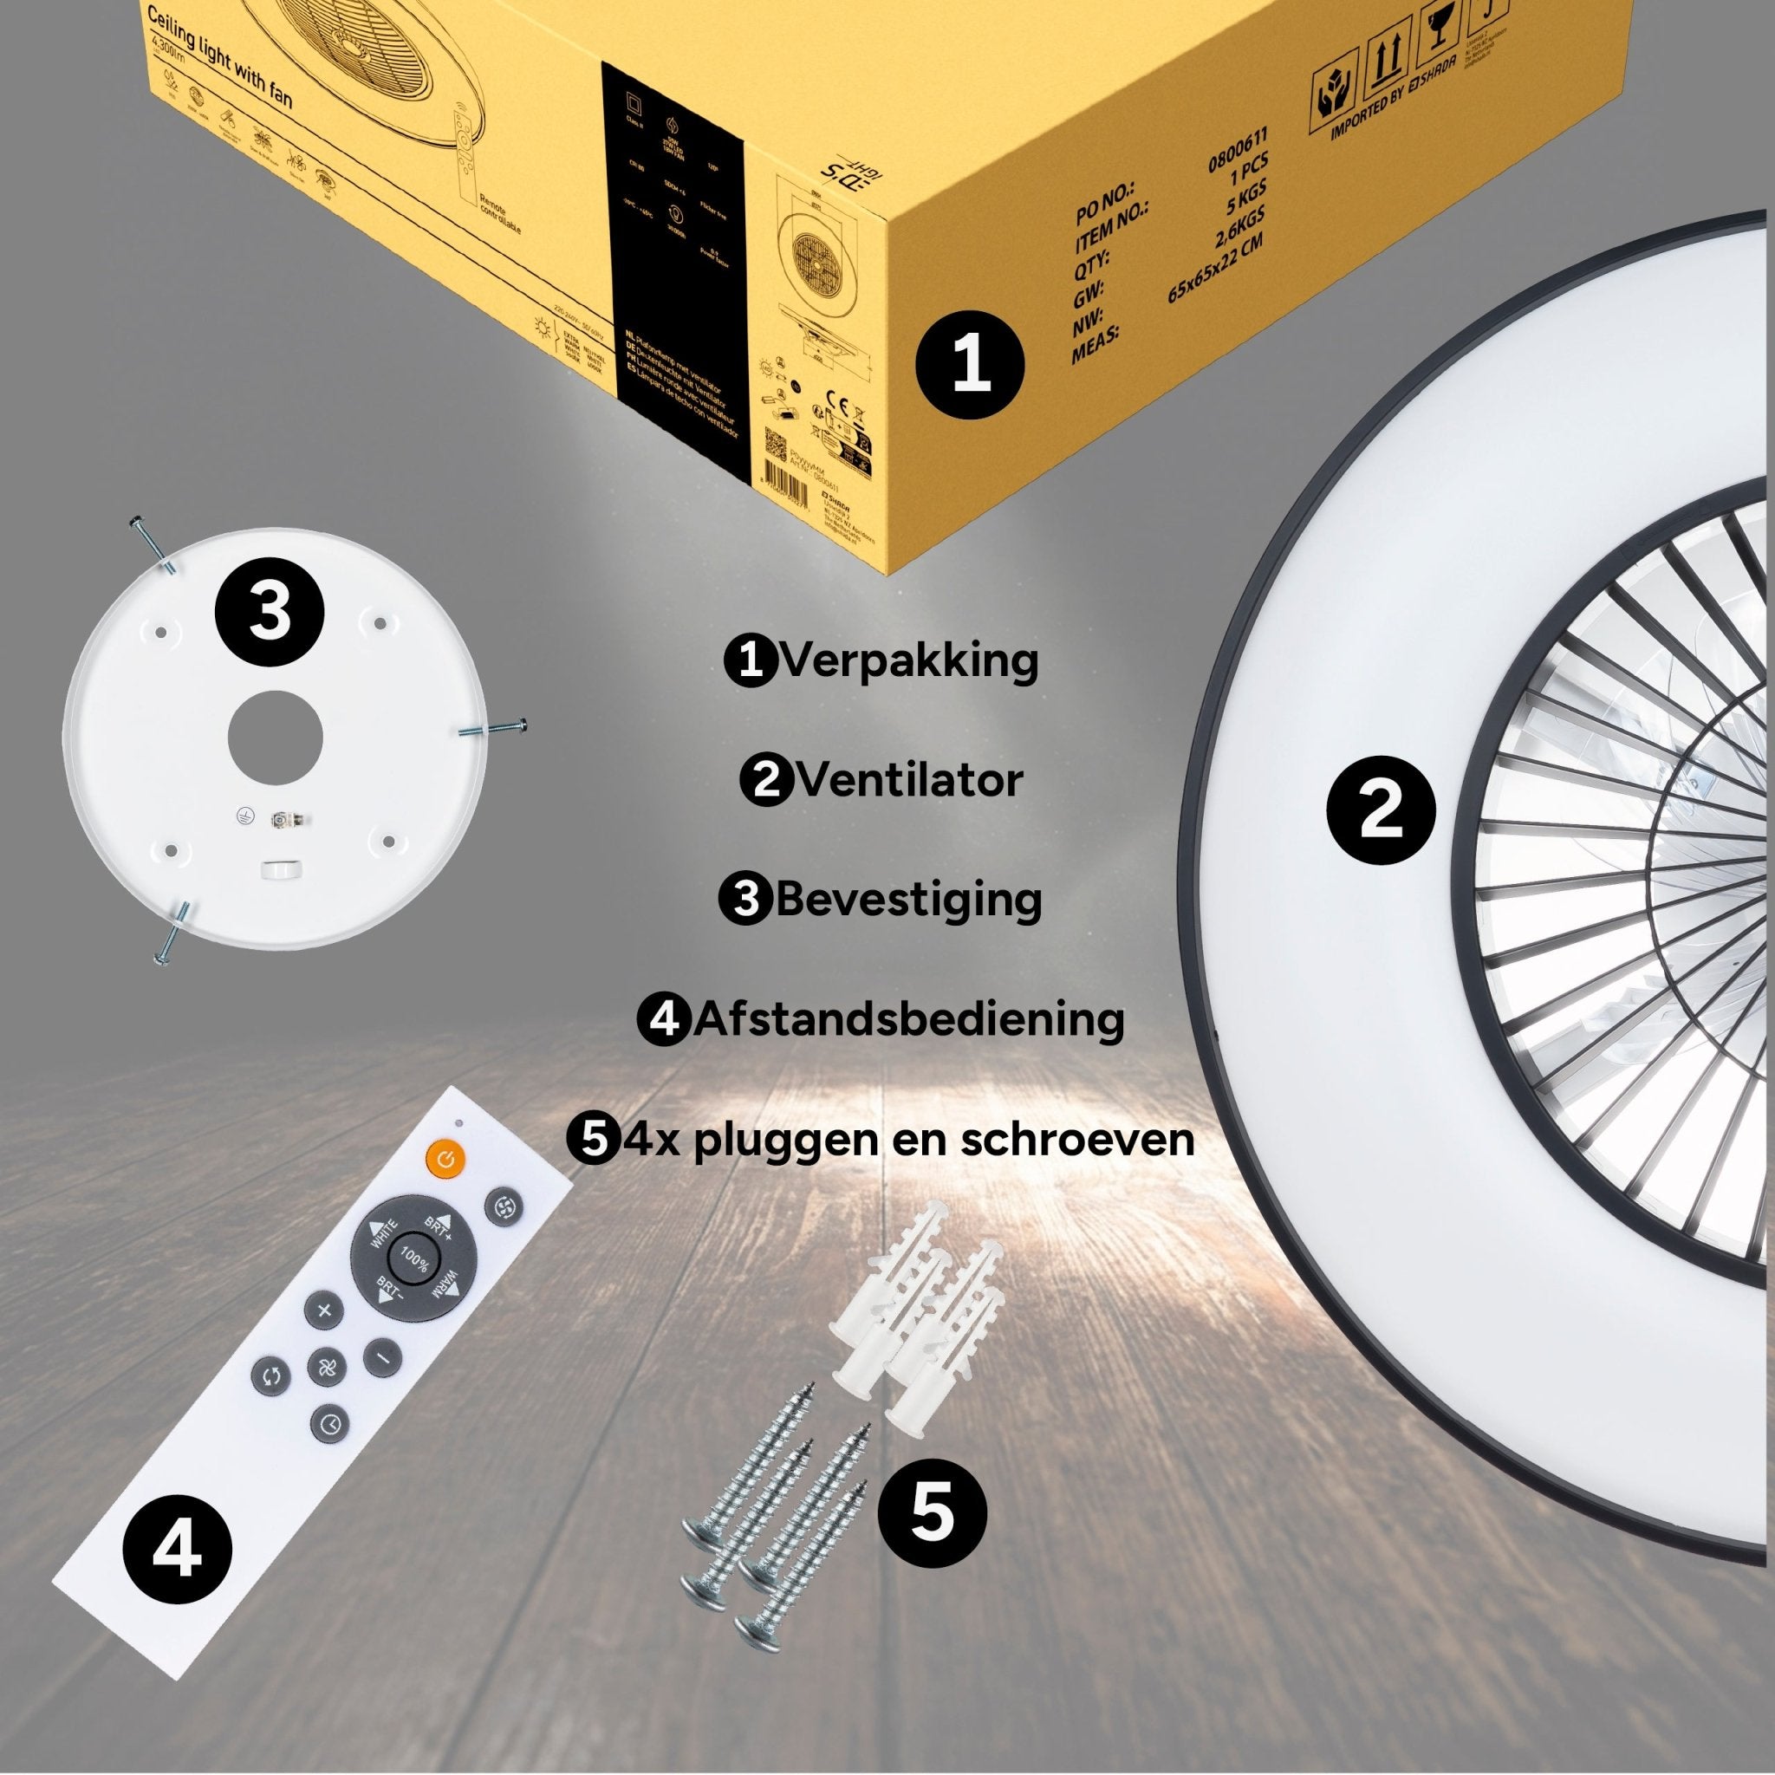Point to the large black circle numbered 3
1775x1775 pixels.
coord(270,612)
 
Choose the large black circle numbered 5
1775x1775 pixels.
coord(933,1512)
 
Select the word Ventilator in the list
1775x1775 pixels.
coord(908,781)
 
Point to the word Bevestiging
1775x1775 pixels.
coord(908,900)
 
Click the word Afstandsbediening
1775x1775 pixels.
coord(908,1019)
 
